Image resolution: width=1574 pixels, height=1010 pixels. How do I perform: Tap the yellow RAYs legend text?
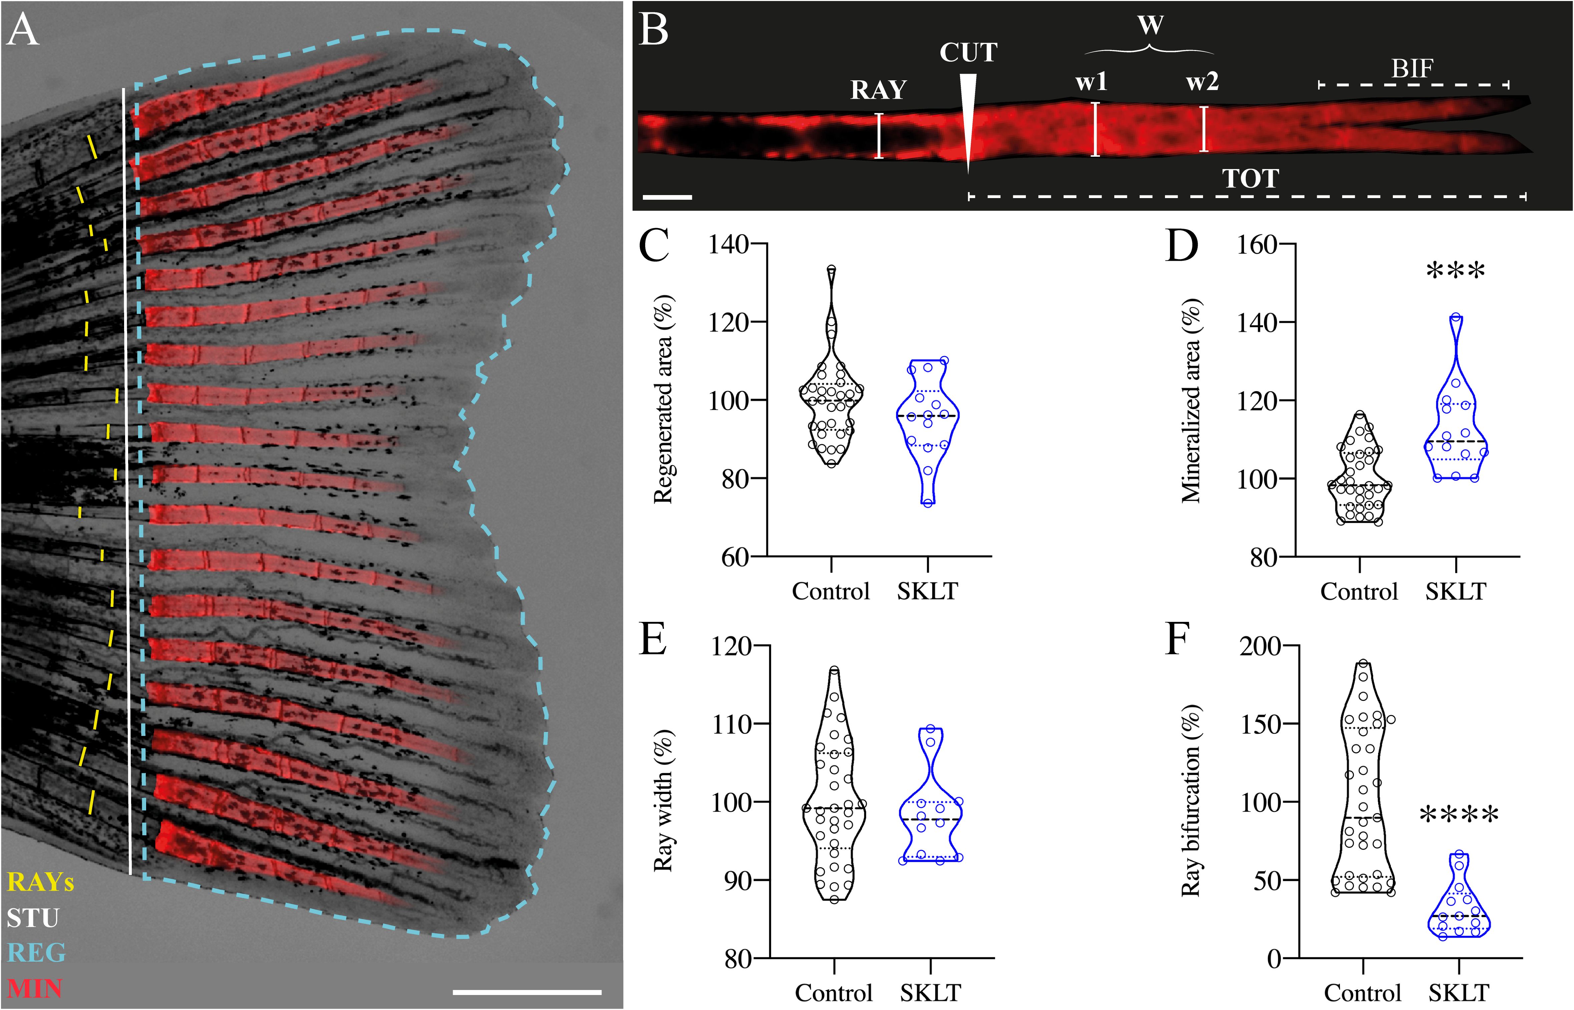41,882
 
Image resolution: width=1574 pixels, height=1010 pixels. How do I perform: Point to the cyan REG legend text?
37,952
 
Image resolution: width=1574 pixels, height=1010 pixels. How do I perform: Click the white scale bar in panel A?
527,992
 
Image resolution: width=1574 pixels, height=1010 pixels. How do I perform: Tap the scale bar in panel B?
667,196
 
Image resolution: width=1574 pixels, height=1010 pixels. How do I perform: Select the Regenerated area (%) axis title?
663,399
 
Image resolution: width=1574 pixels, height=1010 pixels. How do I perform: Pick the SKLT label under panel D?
1455,592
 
